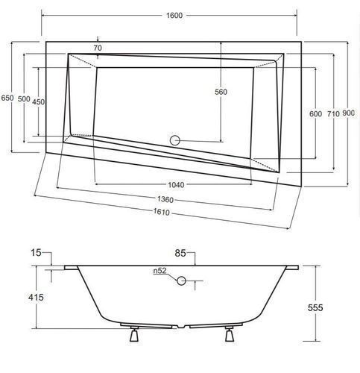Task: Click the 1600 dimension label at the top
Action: click(174, 16)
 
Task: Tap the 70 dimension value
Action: click(98, 48)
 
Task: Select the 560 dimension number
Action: click(221, 92)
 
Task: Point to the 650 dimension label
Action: click(7, 98)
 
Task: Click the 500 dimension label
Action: click(24, 99)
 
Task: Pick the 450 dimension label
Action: click(39, 101)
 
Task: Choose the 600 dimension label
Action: click(315, 114)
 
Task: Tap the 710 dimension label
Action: click(333, 114)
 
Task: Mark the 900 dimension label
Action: click(348, 113)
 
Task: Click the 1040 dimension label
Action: click(176, 185)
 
